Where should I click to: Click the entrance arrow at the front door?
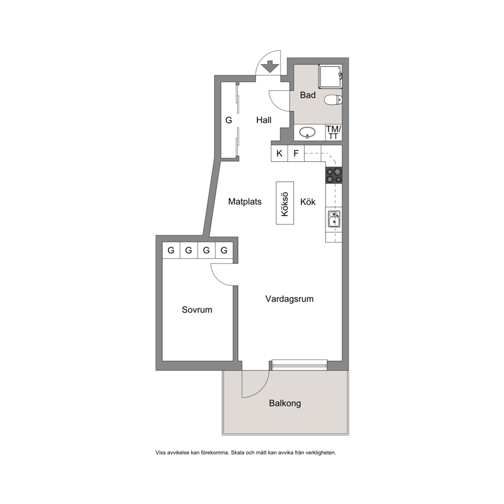coord(270,66)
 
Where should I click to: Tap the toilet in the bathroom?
coord(333,100)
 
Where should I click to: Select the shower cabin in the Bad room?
coord(330,77)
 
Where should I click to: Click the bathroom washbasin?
coord(307,132)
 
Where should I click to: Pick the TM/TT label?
coord(334,133)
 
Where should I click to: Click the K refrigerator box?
coord(279,153)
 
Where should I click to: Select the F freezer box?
coord(296,153)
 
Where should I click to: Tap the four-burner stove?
coord(334,175)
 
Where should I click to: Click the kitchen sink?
coord(334,218)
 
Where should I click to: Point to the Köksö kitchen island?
coord(285,203)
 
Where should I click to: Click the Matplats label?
coord(245,202)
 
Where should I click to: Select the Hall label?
coord(264,120)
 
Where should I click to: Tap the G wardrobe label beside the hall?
coord(229,120)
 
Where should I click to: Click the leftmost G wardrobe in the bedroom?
coord(171,250)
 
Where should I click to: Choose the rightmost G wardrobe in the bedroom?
coord(224,250)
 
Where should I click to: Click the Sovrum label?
coord(197,310)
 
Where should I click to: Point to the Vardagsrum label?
coord(290,299)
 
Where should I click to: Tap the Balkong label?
coord(285,403)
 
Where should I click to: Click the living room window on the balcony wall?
coord(300,365)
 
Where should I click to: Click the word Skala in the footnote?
coord(238,453)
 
